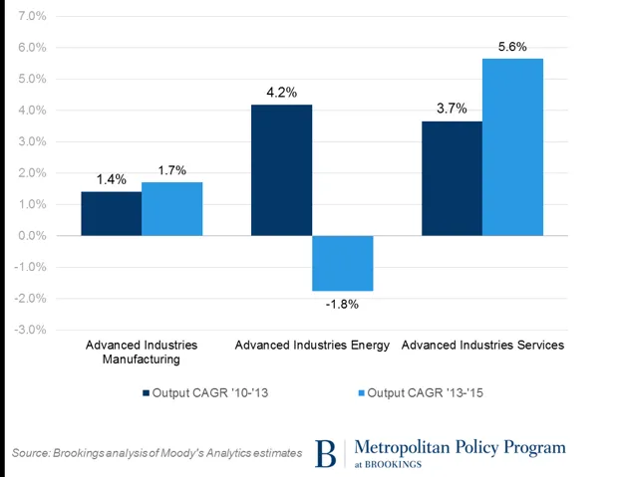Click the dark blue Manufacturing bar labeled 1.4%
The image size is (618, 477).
click(111, 213)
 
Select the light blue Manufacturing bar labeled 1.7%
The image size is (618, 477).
click(171, 209)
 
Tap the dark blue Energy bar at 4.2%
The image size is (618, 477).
click(281, 169)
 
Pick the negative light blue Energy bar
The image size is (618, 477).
click(342, 263)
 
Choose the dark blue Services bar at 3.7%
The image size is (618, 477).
click(452, 178)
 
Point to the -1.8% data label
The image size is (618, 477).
click(342, 304)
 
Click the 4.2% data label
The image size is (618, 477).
click(281, 93)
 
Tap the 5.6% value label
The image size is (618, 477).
click(512, 47)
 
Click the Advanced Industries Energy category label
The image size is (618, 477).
click(312, 346)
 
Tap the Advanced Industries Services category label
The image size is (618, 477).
click(482, 346)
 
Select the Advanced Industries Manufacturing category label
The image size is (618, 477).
click(142, 353)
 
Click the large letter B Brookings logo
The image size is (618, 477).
click(326, 453)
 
